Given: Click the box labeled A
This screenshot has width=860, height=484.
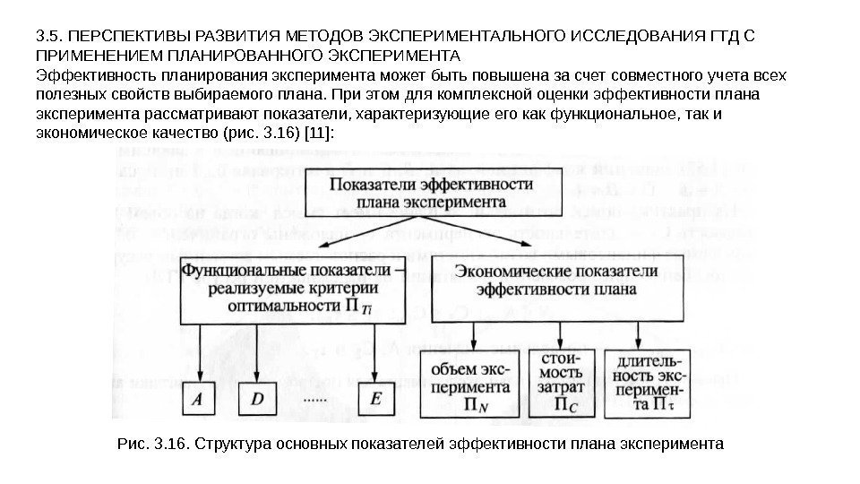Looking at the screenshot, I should pyautogui.click(x=199, y=401).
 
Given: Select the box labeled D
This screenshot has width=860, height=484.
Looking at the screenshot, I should pyautogui.click(x=257, y=401).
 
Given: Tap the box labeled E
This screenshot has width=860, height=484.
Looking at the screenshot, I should pyautogui.click(x=376, y=401).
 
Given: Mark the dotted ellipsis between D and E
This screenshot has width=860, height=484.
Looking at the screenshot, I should pyautogui.click(x=316, y=397).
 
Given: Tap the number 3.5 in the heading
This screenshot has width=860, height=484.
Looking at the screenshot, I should pyautogui.click(x=46, y=36).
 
